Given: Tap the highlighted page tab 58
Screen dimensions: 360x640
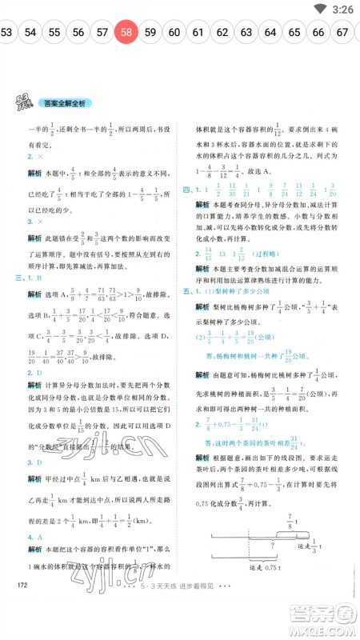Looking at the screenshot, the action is point(127,33).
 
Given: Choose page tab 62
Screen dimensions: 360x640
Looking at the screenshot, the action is point(223,33).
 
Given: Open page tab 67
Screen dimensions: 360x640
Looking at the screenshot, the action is point(342,33).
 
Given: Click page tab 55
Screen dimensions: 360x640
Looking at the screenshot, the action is point(55,33).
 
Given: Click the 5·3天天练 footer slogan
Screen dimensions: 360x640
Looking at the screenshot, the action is point(179,623).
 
